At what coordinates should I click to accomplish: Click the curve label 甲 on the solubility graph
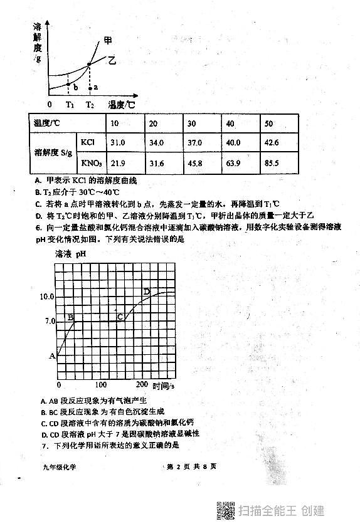point(108,40)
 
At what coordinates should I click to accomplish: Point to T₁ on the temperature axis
point(70,104)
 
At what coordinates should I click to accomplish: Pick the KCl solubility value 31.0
point(117,143)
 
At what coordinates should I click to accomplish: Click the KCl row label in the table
point(88,143)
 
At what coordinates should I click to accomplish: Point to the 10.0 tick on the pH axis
point(47,297)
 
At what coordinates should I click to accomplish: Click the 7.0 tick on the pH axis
point(48,320)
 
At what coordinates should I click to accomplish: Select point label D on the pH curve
point(147,292)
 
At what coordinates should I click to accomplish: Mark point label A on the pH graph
point(52,356)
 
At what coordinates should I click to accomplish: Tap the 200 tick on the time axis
point(142,384)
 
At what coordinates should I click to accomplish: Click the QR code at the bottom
point(225,510)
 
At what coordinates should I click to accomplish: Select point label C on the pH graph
point(120,318)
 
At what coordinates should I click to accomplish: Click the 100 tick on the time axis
point(100,384)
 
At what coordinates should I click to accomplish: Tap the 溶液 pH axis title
point(70,255)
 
